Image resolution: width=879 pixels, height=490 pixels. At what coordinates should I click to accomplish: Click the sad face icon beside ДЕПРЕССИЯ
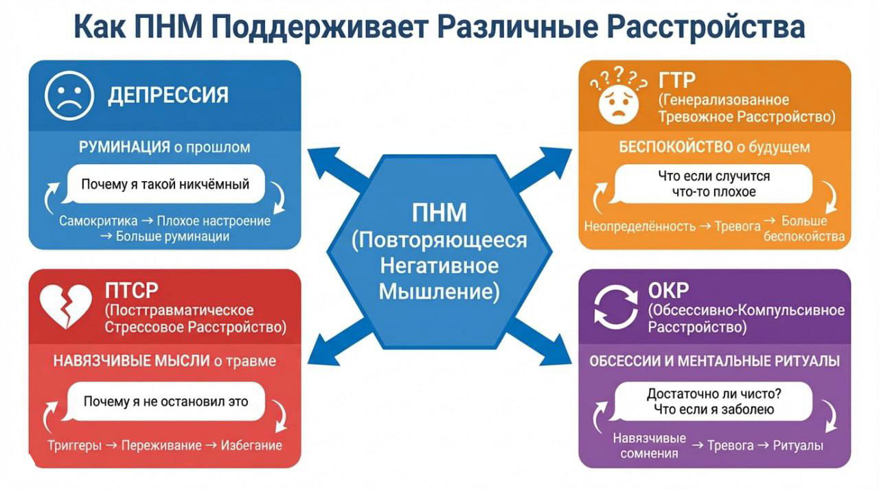tap(69, 95)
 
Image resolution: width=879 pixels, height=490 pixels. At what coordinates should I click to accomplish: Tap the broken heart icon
tap(65, 306)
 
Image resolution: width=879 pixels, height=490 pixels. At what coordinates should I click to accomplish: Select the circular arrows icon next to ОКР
tap(615, 306)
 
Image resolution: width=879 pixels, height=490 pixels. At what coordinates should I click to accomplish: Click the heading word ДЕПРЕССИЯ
tap(168, 95)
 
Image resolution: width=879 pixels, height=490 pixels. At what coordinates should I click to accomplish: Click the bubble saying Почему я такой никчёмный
tap(165, 184)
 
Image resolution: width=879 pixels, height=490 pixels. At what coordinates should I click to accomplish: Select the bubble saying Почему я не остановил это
tap(165, 401)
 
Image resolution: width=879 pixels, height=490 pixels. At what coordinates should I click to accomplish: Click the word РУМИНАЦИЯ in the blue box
tap(124, 147)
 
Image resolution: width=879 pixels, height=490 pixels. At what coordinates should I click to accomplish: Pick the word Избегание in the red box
tap(251, 445)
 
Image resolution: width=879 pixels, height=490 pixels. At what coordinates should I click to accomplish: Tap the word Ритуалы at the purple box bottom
tap(798, 445)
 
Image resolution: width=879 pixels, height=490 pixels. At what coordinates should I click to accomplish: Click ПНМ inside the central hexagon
tap(439, 213)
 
